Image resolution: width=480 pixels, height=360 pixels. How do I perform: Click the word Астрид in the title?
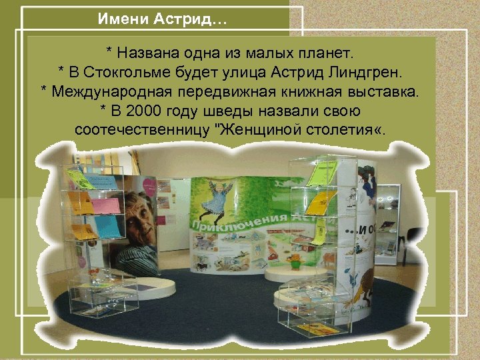195,19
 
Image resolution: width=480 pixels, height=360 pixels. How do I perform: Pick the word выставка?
388,91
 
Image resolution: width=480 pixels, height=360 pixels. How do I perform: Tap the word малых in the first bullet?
269,51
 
